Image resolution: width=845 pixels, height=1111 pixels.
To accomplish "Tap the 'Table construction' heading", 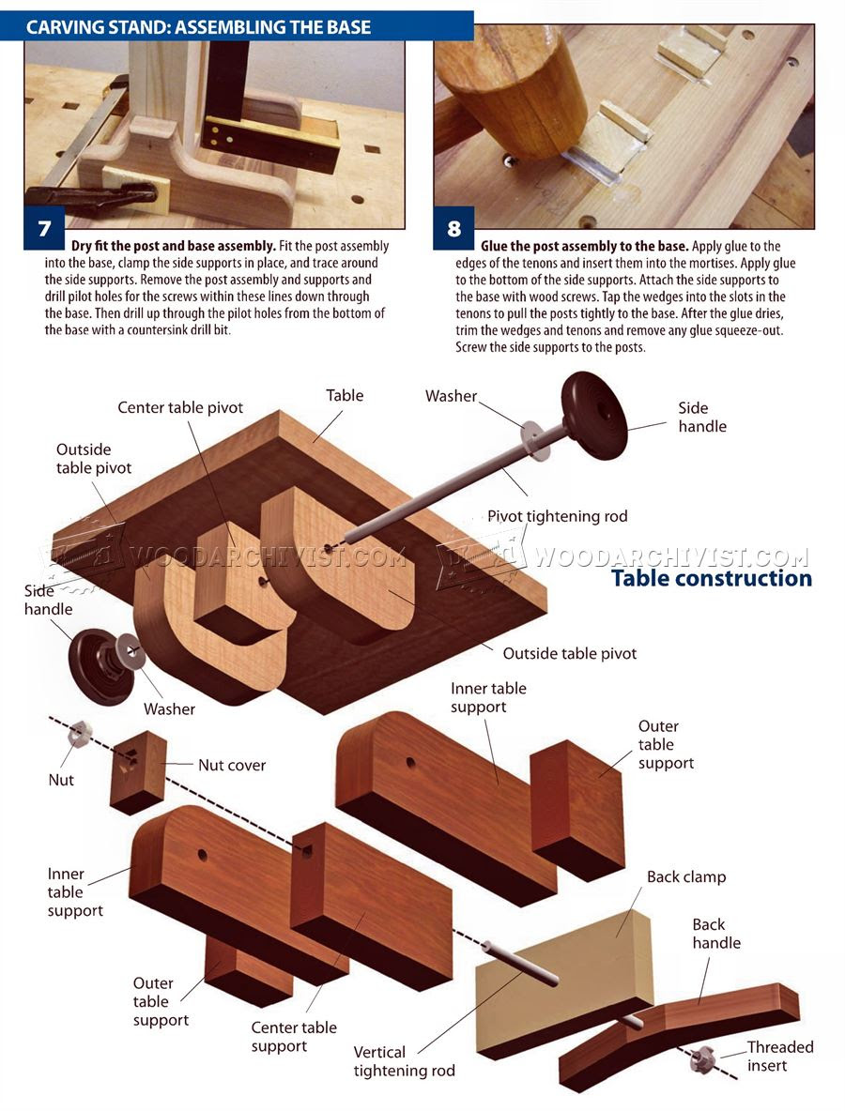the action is pyautogui.click(x=711, y=578).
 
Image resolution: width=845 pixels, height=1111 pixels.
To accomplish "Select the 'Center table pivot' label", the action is pyautogui.click(x=180, y=407).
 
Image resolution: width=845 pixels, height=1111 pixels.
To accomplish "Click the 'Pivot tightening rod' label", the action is pyautogui.click(x=557, y=516).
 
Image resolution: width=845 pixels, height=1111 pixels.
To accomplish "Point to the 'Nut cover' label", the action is pyautogui.click(x=232, y=765).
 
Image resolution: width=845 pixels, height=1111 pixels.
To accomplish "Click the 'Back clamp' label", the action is pyautogui.click(x=686, y=877).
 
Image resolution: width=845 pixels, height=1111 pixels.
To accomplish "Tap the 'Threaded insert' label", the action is pyautogui.click(x=780, y=1056).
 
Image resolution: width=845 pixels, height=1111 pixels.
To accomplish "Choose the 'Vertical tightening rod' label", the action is pyautogui.click(x=404, y=1061).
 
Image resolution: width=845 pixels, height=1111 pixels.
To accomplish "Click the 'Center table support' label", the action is pyautogui.click(x=294, y=1037).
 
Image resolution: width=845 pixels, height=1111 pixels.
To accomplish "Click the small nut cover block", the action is pyautogui.click(x=137, y=771).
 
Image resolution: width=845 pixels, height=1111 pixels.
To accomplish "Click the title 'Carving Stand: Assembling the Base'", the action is pyautogui.click(x=199, y=27).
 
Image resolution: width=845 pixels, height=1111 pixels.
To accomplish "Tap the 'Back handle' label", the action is pyautogui.click(x=716, y=934).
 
